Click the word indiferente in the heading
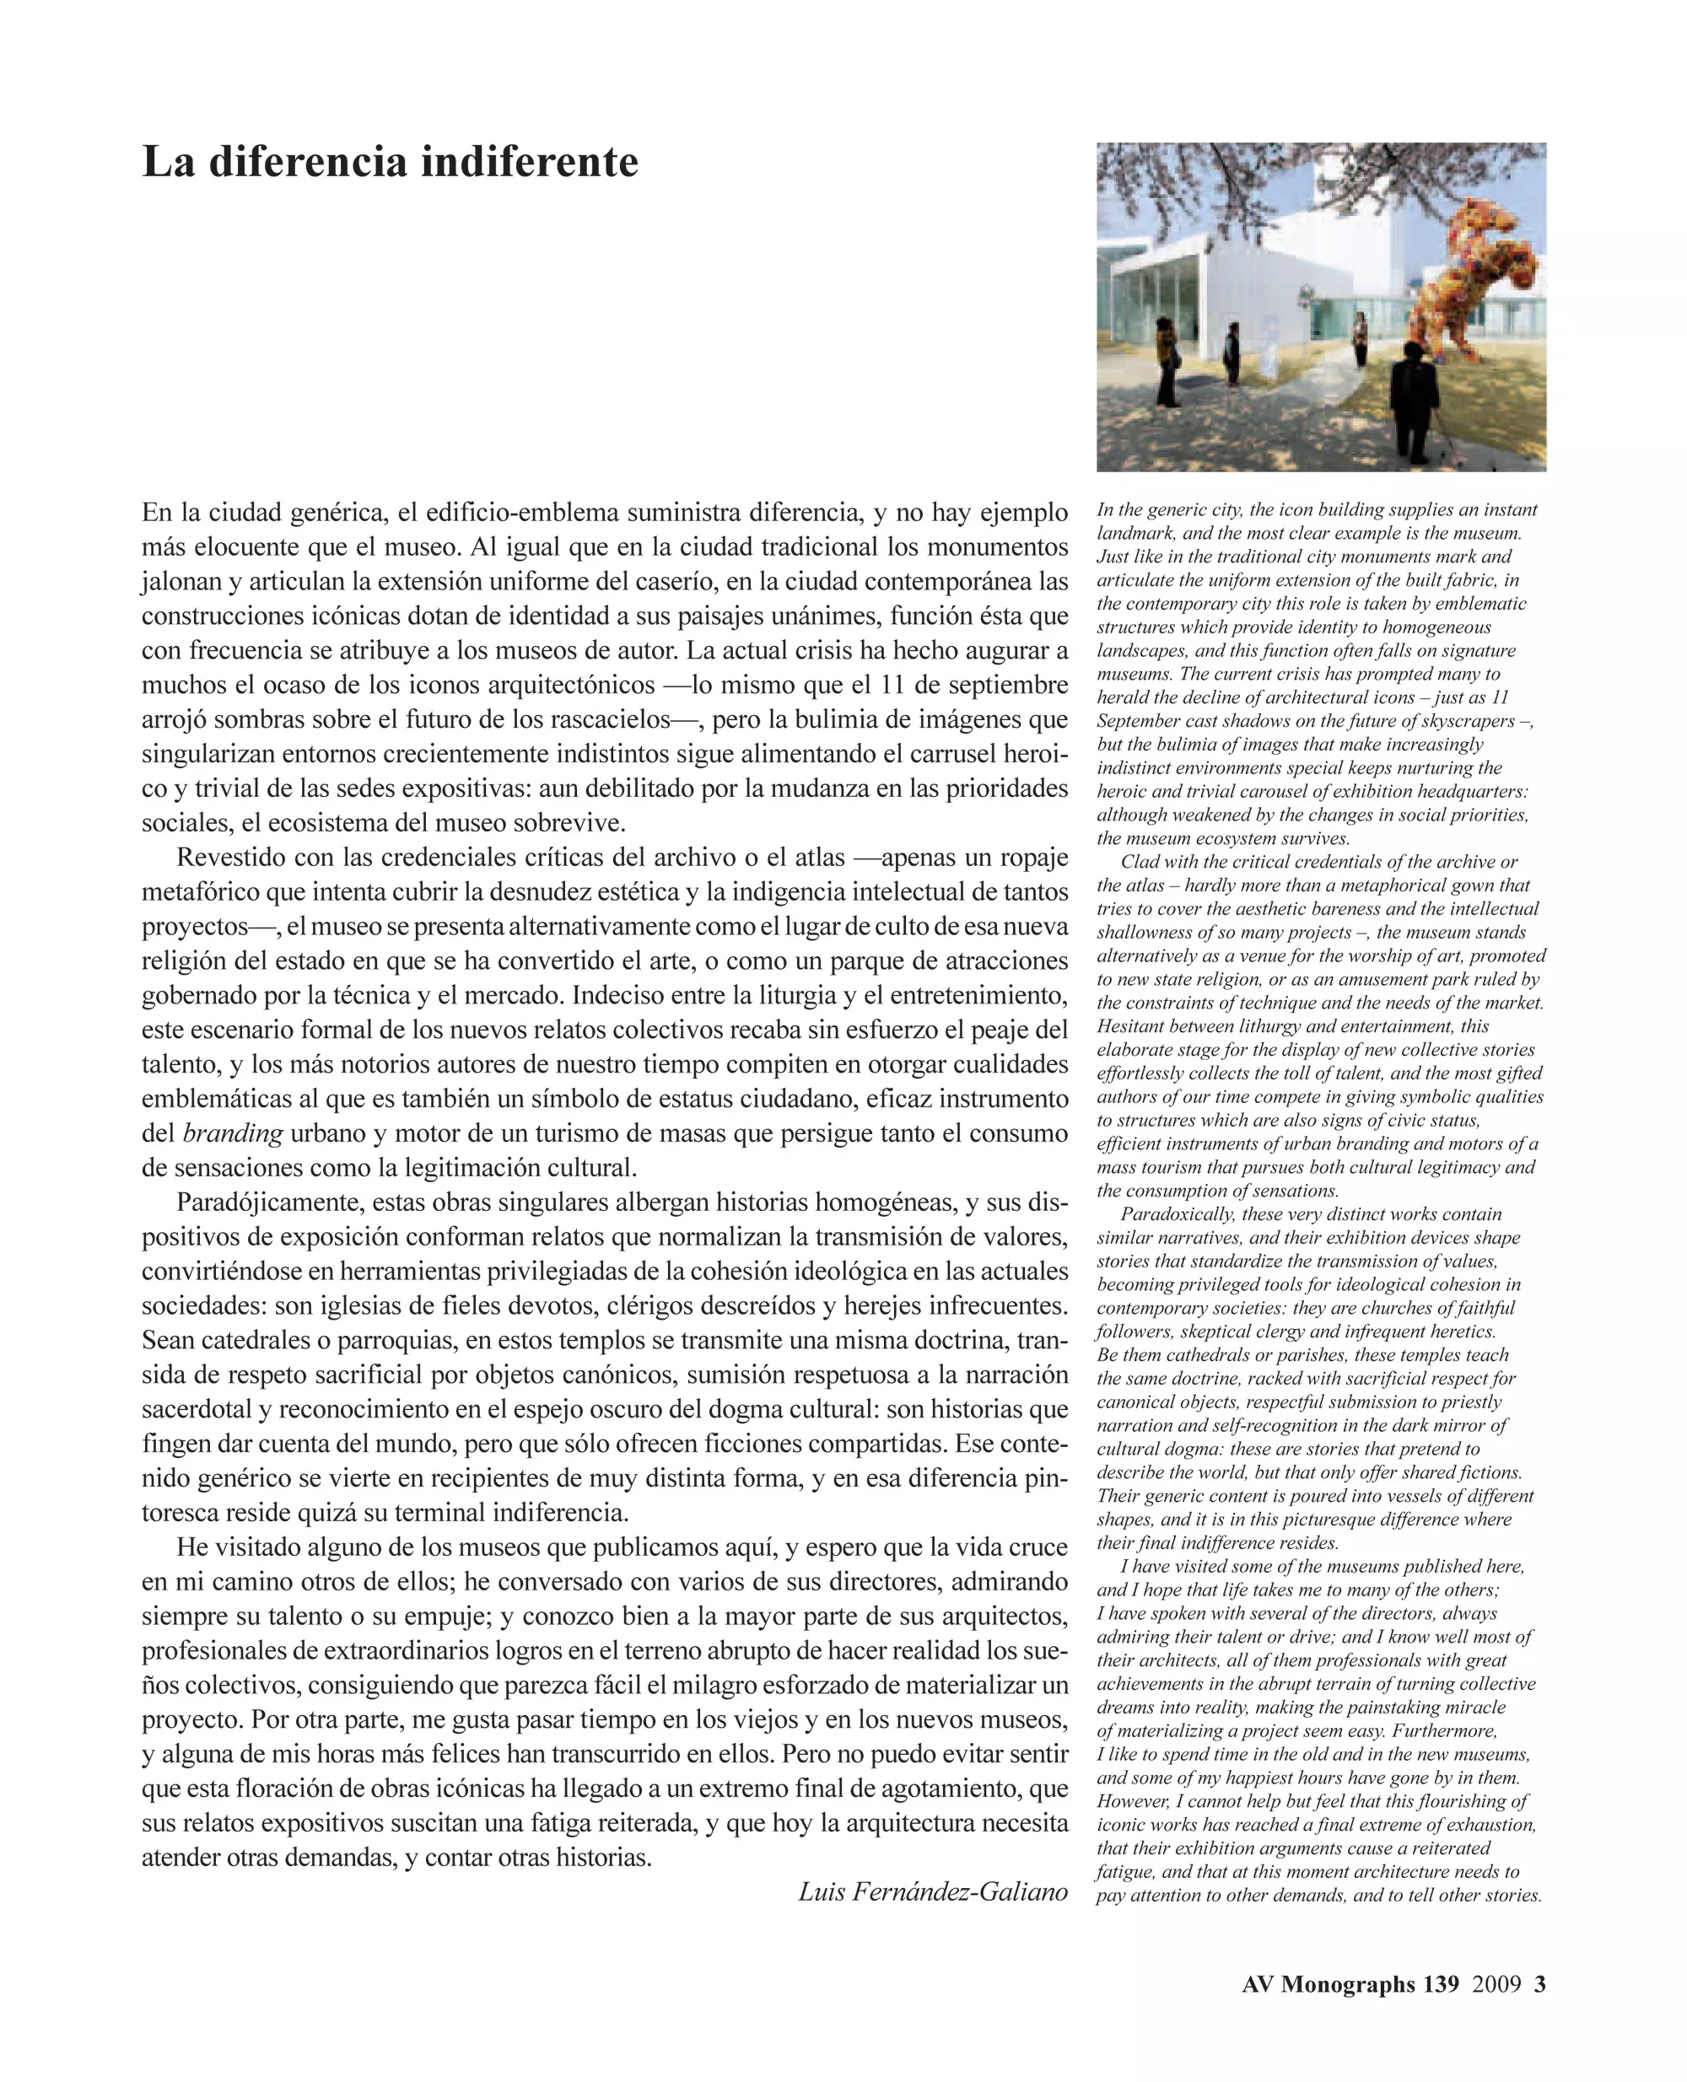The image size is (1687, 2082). [529, 162]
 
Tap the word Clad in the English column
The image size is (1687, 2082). [1139, 862]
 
